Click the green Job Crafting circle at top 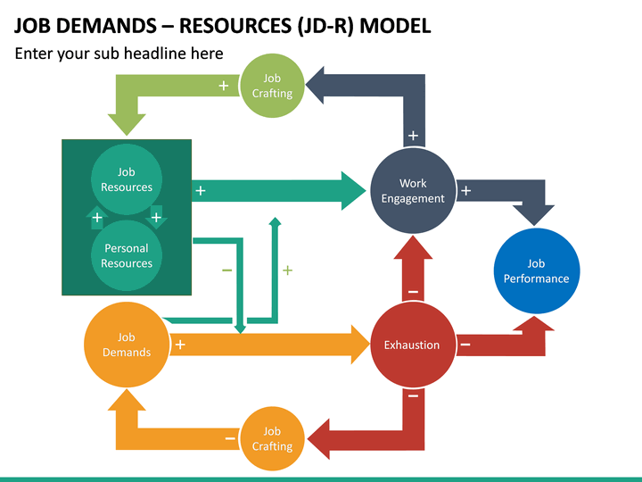[272, 86]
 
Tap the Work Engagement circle [413, 191]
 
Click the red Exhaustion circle [412, 345]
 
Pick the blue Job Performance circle [536, 270]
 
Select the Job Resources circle [127, 179]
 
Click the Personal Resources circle [127, 255]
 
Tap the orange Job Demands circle [127, 345]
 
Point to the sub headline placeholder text [119, 54]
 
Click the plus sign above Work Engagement [413, 137]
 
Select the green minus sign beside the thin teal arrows [226, 270]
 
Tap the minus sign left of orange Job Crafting [230, 438]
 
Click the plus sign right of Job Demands [180, 345]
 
